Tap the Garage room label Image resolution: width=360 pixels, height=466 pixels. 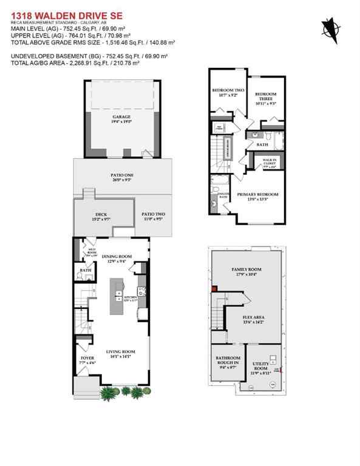coord(121,118)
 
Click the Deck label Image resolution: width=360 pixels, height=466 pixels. coord(101,216)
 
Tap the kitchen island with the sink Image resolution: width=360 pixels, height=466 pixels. coord(116,297)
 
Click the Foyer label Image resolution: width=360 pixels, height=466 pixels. coord(87,360)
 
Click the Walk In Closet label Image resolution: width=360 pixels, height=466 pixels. coord(269,162)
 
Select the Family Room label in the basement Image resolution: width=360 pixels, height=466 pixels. coord(246,271)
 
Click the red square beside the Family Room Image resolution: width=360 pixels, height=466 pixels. coord(214,289)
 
